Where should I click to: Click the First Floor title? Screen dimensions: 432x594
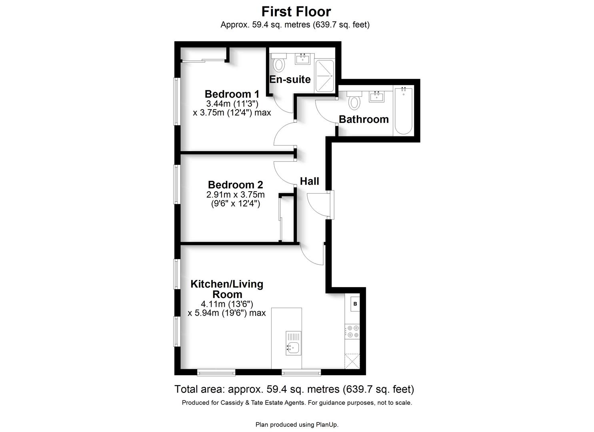[296, 11]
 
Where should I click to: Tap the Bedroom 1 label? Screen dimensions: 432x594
[232, 94]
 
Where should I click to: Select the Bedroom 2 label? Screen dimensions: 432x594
[235, 185]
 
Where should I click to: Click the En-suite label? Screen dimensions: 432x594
[290, 79]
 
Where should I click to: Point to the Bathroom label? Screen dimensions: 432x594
[364, 119]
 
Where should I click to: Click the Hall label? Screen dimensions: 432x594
[309, 181]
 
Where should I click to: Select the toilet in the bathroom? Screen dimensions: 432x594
[354, 100]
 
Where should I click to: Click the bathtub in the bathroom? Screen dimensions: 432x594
[403, 111]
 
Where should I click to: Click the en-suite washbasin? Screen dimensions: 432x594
[302, 59]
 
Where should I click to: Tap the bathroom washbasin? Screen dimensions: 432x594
[376, 96]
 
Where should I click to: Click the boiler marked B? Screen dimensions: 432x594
[354, 304]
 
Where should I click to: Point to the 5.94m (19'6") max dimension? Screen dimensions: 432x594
[226, 313]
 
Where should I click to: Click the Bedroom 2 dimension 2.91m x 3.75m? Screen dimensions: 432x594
[235, 195]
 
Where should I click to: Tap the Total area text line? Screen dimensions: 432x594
[294, 389]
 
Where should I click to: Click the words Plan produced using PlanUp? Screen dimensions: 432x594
[297, 424]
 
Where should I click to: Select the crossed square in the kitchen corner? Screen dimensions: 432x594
[352, 361]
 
